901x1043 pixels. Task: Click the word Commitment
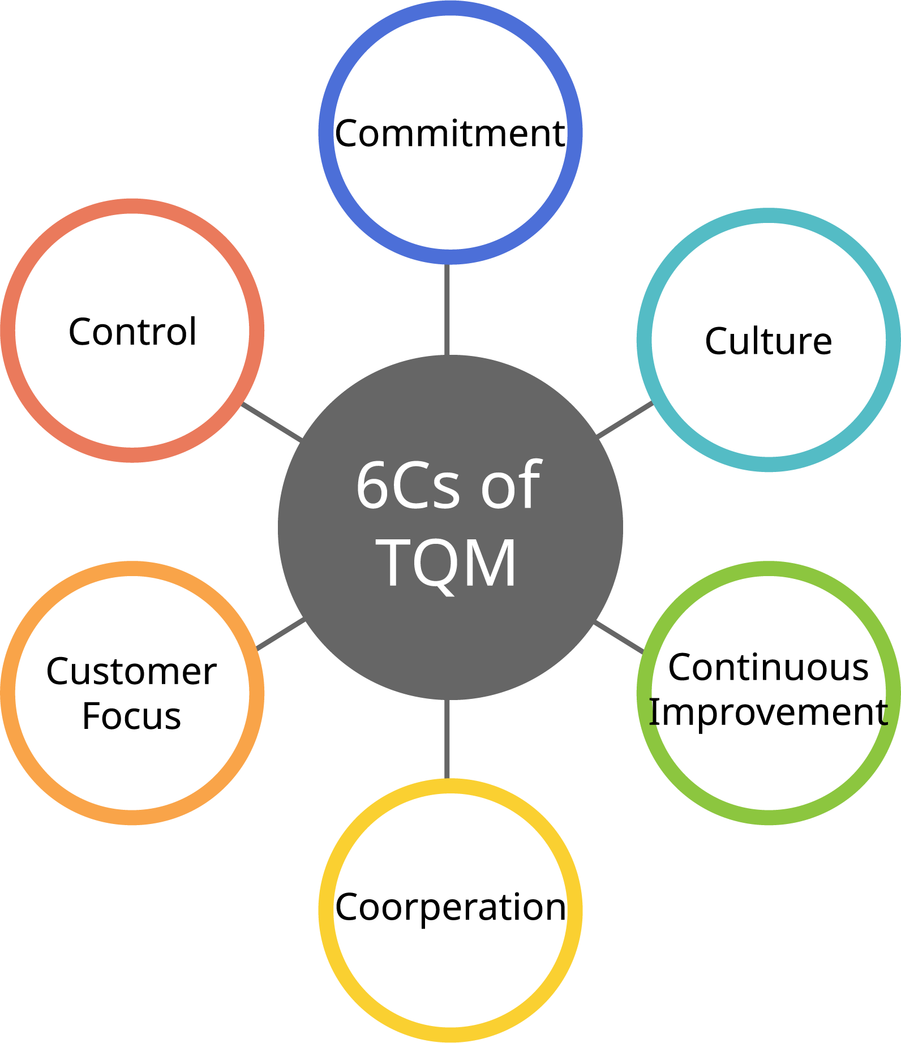[450, 134]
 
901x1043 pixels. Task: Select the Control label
[132, 332]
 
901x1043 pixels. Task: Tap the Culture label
[768, 341]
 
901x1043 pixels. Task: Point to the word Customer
[131, 672]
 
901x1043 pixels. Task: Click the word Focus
[131, 716]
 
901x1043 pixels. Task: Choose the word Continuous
[768, 667]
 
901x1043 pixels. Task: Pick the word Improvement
[768, 712]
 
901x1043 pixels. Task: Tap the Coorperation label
[450, 907]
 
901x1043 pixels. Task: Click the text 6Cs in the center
[407, 486]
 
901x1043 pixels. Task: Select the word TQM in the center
[447, 563]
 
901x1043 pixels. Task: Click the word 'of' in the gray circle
[511, 484]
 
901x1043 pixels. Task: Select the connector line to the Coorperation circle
[447, 739]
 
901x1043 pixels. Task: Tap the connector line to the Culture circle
[625, 419]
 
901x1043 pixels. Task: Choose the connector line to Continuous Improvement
[619, 637]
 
